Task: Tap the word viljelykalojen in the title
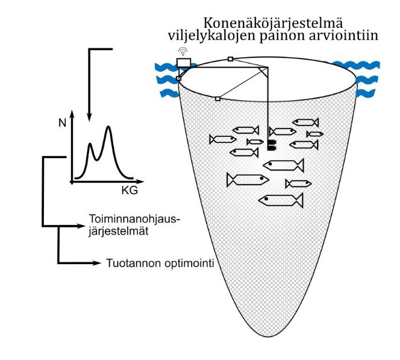(x=211, y=36)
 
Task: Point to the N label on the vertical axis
(x=62, y=124)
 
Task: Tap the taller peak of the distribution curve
(x=108, y=127)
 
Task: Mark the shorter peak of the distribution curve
(x=90, y=145)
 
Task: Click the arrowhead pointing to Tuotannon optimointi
(x=98, y=263)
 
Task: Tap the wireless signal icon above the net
(x=183, y=51)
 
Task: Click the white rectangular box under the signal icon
(x=183, y=62)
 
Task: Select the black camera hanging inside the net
(x=271, y=144)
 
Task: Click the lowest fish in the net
(x=281, y=200)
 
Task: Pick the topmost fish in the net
(x=306, y=122)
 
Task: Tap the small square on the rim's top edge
(x=230, y=59)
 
